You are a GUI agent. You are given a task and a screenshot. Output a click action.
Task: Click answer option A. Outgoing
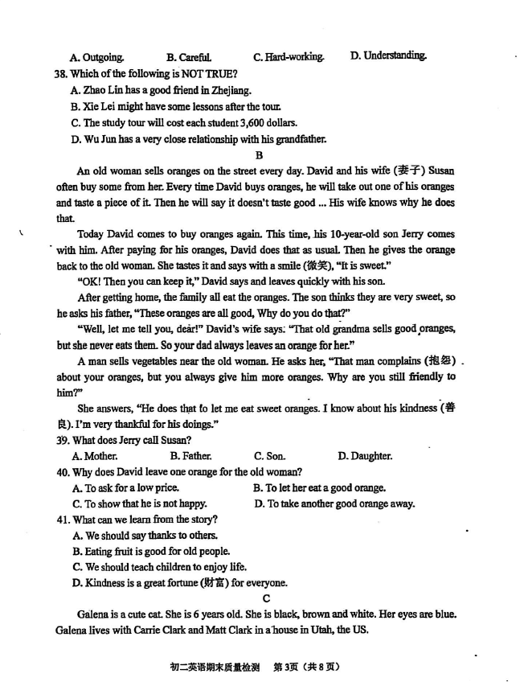(x=97, y=57)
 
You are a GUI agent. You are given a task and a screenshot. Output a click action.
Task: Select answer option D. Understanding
(x=388, y=55)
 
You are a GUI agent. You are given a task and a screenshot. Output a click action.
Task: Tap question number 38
(x=62, y=73)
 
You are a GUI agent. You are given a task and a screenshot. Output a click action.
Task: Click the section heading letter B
(x=259, y=155)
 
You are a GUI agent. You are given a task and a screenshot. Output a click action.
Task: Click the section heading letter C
(x=266, y=598)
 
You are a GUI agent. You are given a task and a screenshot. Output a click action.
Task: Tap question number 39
(x=62, y=440)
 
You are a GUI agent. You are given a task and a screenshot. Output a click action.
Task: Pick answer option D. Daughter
(x=365, y=456)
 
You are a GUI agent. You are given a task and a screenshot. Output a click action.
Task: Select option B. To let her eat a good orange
(x=319, y=487)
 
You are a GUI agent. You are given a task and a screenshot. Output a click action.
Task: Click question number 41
(x=63, y=520)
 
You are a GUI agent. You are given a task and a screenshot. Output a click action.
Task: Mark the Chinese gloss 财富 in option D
(x=211, y=583)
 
